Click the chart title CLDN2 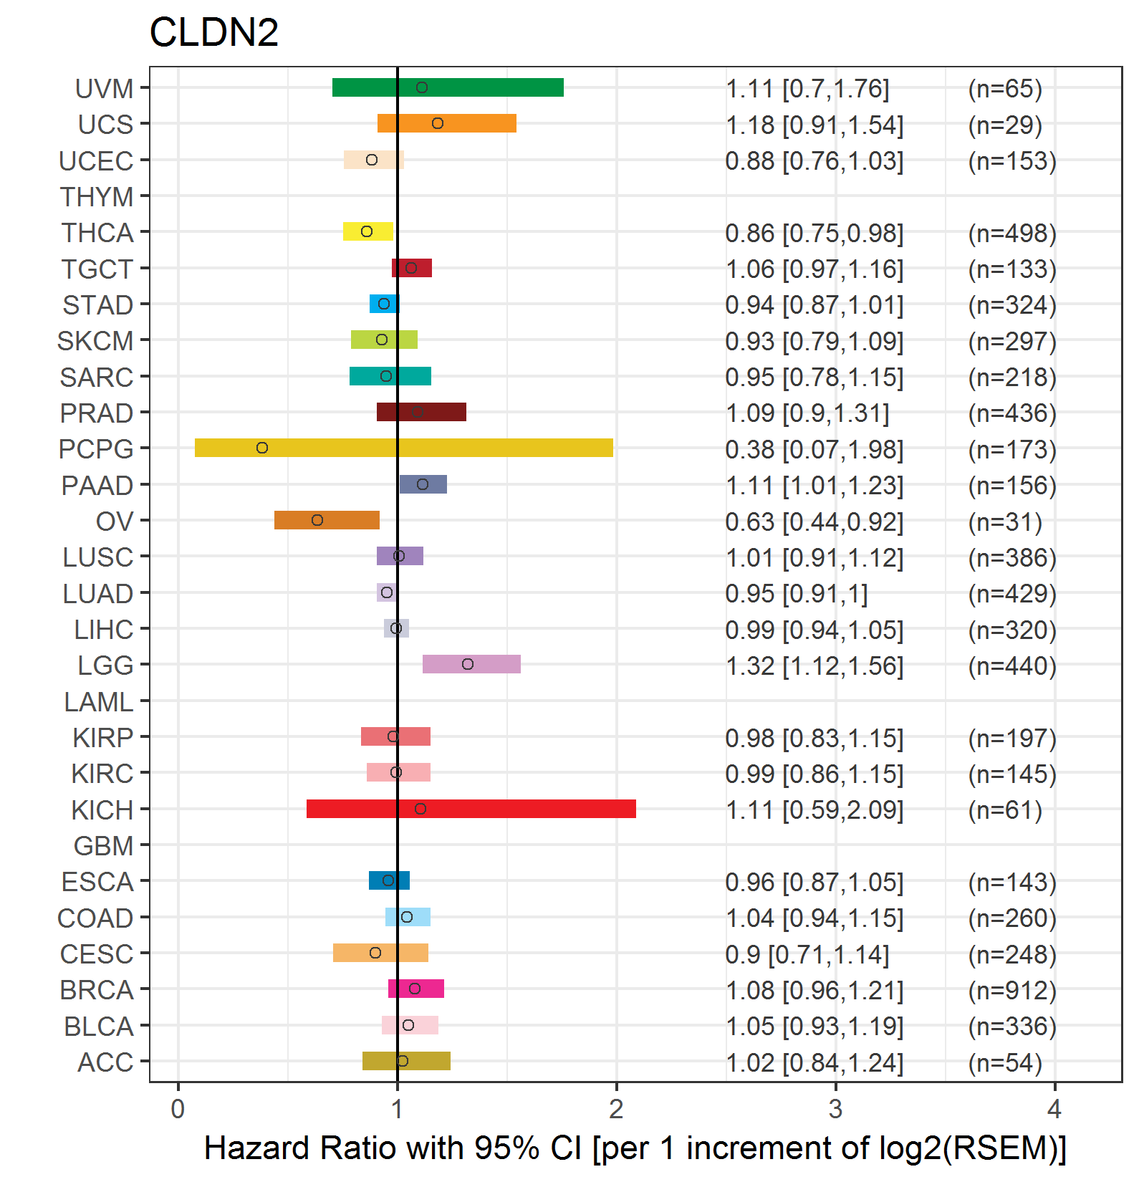(x=213, y=32)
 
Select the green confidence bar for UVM (x=448, y=87)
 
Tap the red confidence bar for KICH (x=471, y=809)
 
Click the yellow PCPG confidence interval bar (x=403, y=448)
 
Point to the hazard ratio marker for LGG (x=468, y=664)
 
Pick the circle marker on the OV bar (x=317, y=520)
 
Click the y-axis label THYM (x=97, y=196)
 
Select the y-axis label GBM (x=103, y=846)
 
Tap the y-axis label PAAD (x=97, y=485)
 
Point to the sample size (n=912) (x=1012, y=990)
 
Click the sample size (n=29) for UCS (x=1005, y=125)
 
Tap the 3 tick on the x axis (x=835, y=1109)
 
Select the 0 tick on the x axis (x=178, y=1109)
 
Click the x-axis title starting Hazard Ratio (x=635, y=1148)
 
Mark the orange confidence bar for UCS (x=447, y=123)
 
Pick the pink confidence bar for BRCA (x=416, y=989)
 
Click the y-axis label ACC (x=105, y=1062)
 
